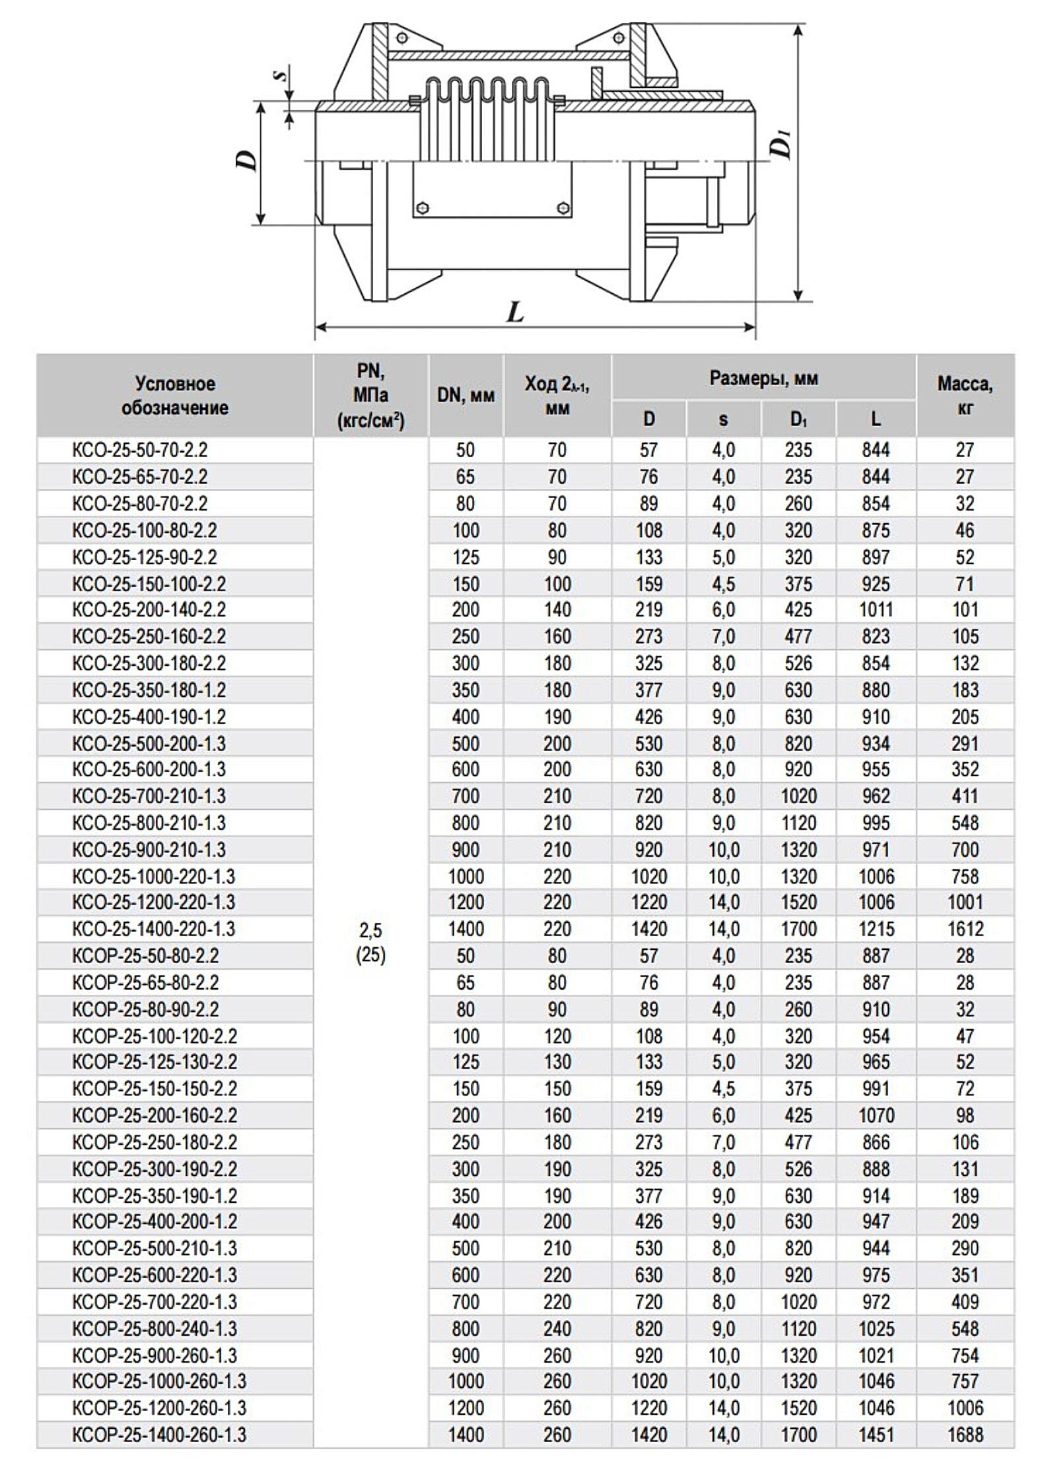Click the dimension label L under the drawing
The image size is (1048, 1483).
pos(515,310)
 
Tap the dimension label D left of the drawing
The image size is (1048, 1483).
pos(247,161)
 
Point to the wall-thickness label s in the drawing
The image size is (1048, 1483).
pos(282,75)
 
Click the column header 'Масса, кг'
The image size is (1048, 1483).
pos(965,396)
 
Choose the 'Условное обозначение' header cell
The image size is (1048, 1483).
pos(175,396)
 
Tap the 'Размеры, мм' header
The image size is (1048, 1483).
pos(763,379)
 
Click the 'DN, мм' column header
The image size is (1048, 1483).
pos(466,396)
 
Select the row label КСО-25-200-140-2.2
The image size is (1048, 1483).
pos(149,610)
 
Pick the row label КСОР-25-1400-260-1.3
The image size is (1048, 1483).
pos(159,1435)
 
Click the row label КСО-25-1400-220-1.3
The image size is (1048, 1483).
pos(154,929)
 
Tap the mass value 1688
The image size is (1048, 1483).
pos(965,1435)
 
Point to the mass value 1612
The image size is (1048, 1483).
pos(965,929)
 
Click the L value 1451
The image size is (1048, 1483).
pos(876,1435)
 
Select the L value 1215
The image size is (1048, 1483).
pos(876,929)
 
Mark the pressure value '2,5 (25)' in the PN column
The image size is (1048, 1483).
pos(370,943)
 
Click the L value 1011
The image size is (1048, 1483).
pos(876,610)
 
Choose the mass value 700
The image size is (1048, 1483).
pos(965,850)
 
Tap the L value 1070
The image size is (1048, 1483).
pos(876,1116)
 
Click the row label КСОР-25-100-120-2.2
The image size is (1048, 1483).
pos(155,1036)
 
